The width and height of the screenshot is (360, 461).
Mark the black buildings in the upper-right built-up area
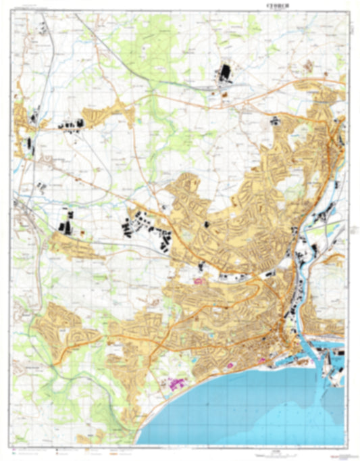coord(276,120)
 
